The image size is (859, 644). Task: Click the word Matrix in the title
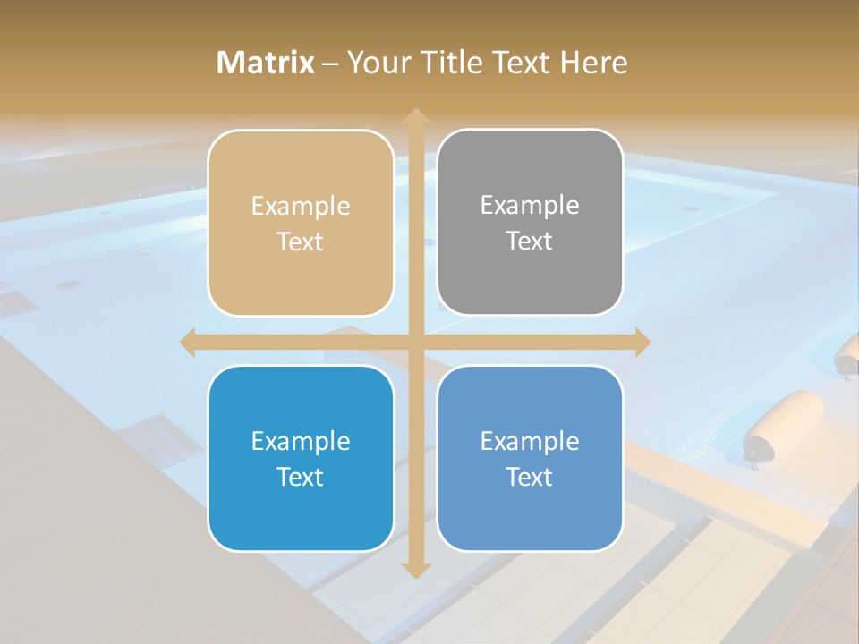[x=266, y=63]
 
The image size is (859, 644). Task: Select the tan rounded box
[x=301, y=223]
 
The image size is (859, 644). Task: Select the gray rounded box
[x=530, y=222]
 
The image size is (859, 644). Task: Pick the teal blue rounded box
[x=301, y=458]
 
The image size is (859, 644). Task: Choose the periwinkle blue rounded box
[x=530, y=458]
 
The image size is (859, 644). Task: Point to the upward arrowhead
[x=415, y=117]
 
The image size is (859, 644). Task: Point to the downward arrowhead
[x=415, y=570]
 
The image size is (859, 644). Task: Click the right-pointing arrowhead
[x=642, y=342]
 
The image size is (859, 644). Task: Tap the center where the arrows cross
[x=415, y=342]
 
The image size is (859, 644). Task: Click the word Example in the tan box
[x=301, y=207]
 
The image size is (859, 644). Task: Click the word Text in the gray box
[x=530, y=241]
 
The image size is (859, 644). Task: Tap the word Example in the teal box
[x=301, y=441]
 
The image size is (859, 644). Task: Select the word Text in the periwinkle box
[x=530, y=477]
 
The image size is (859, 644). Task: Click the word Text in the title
[x=518, y=63]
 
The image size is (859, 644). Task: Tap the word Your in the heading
[x=377, y=63]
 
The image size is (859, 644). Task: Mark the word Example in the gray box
[x=530, y=206]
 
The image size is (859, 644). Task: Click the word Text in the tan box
[x=301, y=241]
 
